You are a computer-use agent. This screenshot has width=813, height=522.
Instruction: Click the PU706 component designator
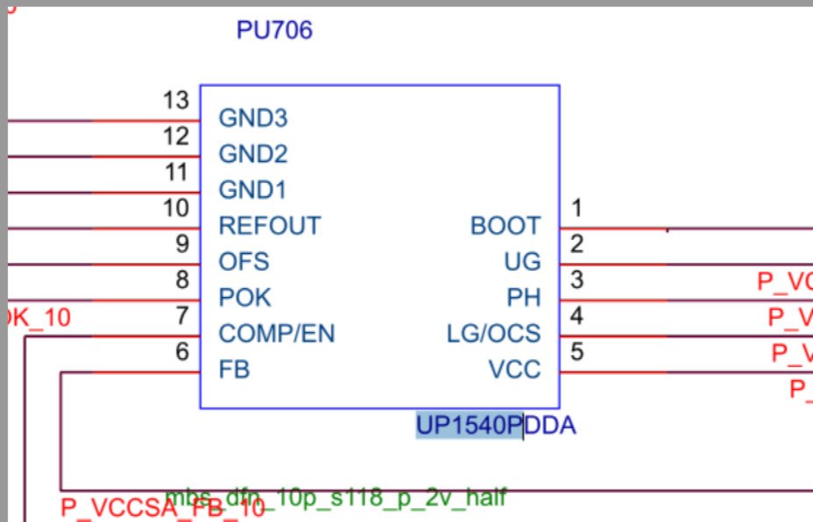[274, 32]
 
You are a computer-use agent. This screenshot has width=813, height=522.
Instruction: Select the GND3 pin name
[253, 118]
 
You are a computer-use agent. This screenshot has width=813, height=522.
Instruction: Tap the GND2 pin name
[253, 155]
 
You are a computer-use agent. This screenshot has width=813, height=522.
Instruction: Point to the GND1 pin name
[252, 190]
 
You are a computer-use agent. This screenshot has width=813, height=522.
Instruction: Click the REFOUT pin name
[270, 226]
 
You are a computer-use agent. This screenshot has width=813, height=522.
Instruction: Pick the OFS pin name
[244, 262]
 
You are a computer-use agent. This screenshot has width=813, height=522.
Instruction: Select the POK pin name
[244, 298]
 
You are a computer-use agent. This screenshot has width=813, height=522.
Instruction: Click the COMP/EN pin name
[277, 334]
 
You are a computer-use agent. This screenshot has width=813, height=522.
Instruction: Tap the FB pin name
[234, 370]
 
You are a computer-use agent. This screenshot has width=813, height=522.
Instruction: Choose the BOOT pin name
[505, 226]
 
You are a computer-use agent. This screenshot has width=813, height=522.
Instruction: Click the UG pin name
[523, 262]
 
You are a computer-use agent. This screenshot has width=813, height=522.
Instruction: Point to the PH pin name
[524, 298]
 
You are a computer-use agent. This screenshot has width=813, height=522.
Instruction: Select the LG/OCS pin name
[493, 334]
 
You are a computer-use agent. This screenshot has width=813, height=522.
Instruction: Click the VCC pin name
[514, 370]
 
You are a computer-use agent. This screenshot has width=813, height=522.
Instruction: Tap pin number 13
[176, 101]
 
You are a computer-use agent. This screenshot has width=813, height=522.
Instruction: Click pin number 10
[176, 208]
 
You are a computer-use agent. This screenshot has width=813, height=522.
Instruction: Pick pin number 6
[182, 351]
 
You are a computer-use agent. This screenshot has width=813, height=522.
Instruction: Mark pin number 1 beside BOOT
[576, 208]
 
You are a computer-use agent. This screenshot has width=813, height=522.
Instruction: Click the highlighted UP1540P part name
[469, 427]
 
